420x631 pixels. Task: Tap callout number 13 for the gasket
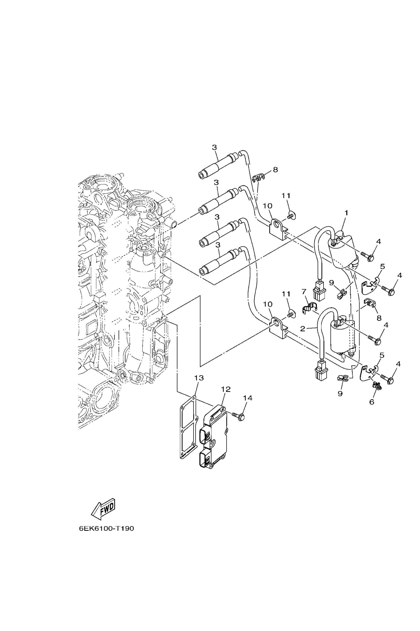click(199, 378)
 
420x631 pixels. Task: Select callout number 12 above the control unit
click(226, 389)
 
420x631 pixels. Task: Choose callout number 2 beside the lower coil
click(303, 329)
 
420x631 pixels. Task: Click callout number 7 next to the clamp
click(304, 291)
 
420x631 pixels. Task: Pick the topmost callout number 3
click(214, 147)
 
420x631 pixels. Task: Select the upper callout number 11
click(286, 196)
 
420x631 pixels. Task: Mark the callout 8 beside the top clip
click(275, 170)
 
